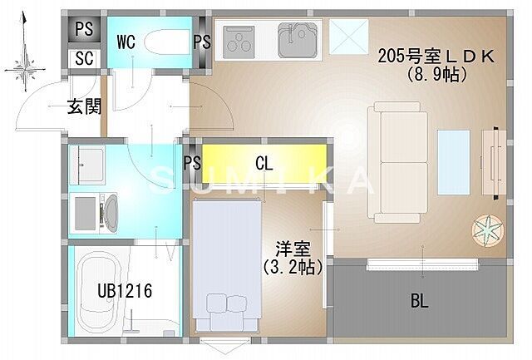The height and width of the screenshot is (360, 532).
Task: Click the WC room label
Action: coord(126,41)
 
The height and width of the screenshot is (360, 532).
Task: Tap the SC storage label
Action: coord(84,59)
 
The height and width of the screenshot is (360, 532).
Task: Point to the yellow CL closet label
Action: coord(264,163)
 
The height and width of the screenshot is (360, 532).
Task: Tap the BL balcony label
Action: coord(419,302)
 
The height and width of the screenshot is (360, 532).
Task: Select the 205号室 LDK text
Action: coord(436,57)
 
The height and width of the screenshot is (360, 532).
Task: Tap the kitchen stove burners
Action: coord(241,39)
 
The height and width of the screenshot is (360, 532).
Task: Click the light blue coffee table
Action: coord(454,156)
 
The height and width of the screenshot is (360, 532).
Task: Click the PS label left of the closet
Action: coord(191,163)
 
